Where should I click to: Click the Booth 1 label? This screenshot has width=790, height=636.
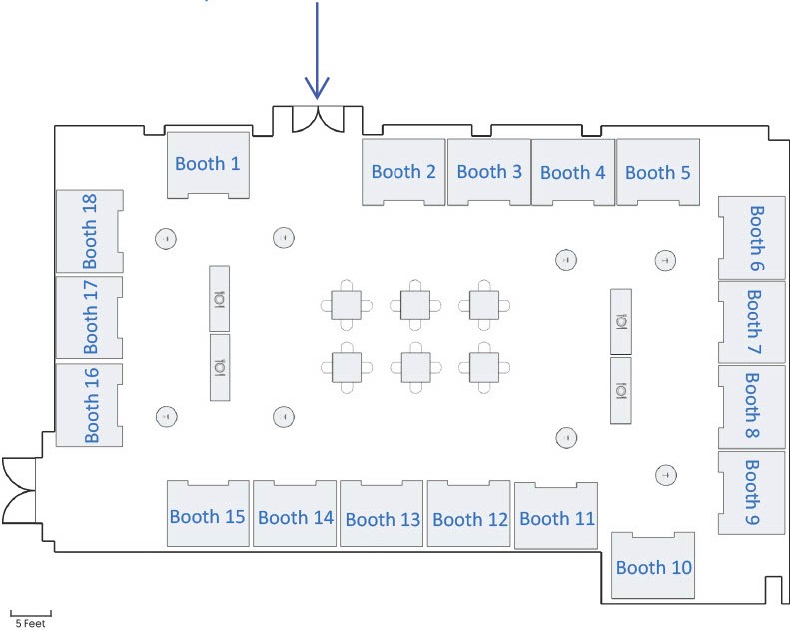coord(208,163)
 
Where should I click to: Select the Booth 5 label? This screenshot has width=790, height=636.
coord(657,172)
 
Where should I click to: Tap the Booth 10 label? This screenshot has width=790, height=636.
coord(654,568)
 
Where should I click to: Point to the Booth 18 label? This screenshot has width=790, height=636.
coord(90,231)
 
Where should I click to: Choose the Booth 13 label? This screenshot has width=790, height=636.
coord(384,519)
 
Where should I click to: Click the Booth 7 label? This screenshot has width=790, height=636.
coord(753,322)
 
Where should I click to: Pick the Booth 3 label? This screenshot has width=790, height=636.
coord(489,171)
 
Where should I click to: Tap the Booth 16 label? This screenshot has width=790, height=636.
coord(90,404)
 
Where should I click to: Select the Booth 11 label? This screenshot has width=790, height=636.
coord(557,518)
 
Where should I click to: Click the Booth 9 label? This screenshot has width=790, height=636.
coord(753,493)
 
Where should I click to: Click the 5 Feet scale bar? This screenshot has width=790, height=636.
coord(30,611)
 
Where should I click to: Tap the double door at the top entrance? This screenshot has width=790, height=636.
coord(318,119)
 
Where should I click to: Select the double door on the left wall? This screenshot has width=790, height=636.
coord(18,489)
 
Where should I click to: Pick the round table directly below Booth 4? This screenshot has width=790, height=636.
coord(566,260)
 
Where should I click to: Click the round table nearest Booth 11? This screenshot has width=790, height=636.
coord(566,437)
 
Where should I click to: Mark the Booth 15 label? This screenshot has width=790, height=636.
coord(208,517)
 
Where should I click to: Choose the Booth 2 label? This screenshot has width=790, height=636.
coord(403,172)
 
